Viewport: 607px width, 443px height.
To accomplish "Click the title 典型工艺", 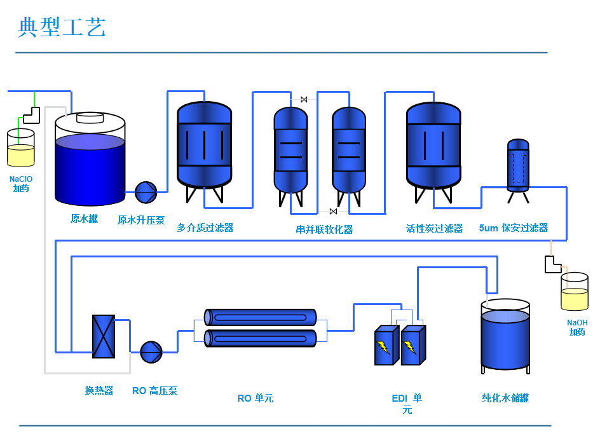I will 62,27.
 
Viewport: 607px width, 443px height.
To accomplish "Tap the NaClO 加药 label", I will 20,184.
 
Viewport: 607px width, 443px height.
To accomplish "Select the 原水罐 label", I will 84,219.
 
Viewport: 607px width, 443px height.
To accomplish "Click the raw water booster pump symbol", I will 146,191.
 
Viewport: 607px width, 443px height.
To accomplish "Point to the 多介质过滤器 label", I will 205,228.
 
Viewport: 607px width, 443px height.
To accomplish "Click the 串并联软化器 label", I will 324,229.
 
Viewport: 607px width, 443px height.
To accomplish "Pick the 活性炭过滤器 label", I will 434,228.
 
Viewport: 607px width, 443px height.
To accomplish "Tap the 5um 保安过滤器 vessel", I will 518,166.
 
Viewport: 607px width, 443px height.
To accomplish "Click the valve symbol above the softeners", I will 304,99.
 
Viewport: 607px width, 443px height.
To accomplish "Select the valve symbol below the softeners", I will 333,212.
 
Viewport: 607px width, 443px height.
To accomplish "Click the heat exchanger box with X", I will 104,336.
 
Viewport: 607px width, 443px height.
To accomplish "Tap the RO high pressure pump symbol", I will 151,351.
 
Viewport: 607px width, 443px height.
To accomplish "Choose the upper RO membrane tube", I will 261,317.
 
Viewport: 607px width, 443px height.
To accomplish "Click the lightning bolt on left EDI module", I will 383,347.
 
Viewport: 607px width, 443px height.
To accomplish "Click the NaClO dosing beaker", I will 20,149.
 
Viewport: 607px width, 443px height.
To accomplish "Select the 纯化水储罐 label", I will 505,398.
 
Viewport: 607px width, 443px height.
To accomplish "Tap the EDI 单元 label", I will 407,404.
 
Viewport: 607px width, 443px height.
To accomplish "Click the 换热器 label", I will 99,390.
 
